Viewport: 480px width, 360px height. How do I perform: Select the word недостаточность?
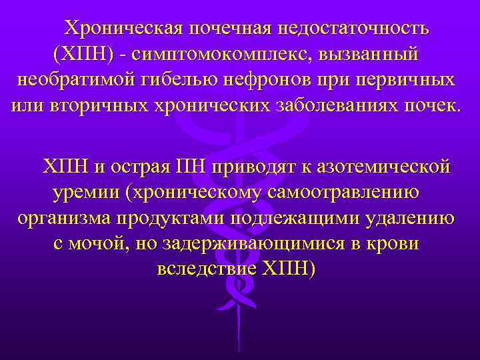tap(354, 29)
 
